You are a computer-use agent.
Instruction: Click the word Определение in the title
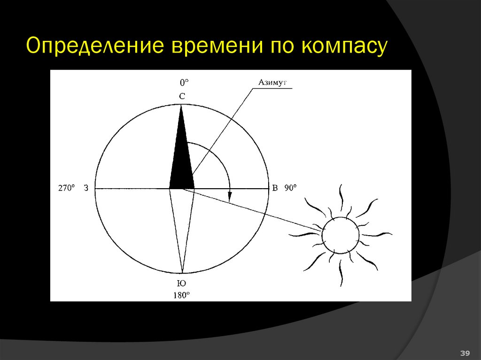(x=96, y=47)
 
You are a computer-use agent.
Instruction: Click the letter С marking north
(x=182, y=97)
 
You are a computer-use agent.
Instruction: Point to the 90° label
(x=290, y=188)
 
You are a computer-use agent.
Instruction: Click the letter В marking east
(x=275, y=188)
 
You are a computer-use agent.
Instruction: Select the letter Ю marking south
(x=182, y=283)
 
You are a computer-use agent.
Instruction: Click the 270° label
(x=66, y=188)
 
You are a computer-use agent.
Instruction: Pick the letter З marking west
(x=86, y=188)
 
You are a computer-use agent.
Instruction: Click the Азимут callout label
(x=272, y=83)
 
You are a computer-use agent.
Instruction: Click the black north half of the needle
(x=181, y=160)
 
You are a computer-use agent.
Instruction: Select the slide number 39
(x=465, y=353)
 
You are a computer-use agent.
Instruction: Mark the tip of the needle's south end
(x=182, y=272)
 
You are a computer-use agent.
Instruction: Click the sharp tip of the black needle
(x=181, y=106)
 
